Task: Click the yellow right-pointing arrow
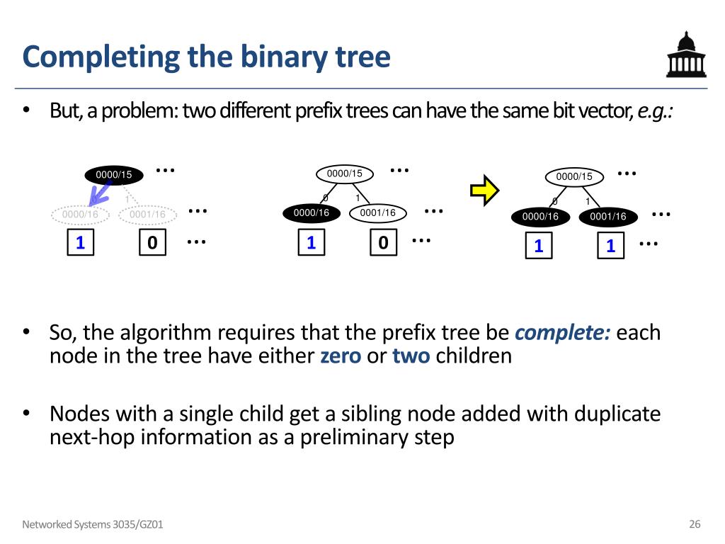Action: (x=485, y=189)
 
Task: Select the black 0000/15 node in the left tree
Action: (x=114, y=174)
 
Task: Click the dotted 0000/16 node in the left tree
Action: (x=80, y=214)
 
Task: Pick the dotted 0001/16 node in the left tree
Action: (x=147, y=214)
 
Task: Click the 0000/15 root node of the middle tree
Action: (x=344, y=174)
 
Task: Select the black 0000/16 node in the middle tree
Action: (x=312, y=212)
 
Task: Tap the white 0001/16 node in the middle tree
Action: (x=378, y=212)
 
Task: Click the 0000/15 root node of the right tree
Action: (x=574, y=176)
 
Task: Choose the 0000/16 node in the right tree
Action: (x=541, y=217)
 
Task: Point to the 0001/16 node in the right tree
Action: (x=608, y=217)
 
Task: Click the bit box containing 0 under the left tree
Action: (x=152, y=243)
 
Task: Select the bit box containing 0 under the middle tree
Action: (x=383, y=243)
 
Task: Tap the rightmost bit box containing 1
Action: (x=610, y=246)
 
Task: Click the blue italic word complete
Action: (x=563, y=332)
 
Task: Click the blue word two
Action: (x=411, y=356)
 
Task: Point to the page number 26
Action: (x=695, y=524)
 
